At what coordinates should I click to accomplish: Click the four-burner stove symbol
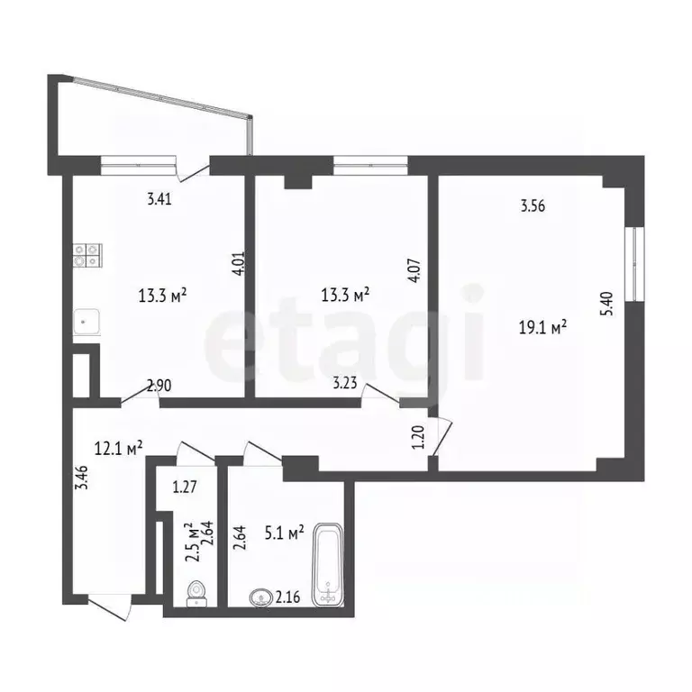[x=87, y=256]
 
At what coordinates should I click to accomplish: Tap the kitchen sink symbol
[x=86, y=322]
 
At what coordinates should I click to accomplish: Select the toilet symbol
[x=196, y=594]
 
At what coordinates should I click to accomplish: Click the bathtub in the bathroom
[x=327, y=565]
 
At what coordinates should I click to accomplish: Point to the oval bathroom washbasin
[x=261, y=598]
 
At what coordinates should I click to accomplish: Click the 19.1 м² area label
[x=542, y=328]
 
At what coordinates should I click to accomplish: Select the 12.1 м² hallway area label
[x=118, y=448]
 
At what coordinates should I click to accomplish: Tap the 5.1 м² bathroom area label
[x=284, y=533]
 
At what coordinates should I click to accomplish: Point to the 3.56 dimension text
[x=533, y=205]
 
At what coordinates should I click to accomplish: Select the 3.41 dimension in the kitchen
[x=159, y=199]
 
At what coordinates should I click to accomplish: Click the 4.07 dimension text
[x=415, y=270]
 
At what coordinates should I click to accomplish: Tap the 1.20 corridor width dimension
[x=417, y=436]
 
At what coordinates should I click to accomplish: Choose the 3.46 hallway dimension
[x=83, y=477]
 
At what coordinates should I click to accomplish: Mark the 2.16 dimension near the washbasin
[x=287, y=597]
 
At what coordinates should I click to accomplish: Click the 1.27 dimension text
[x=185, y=487]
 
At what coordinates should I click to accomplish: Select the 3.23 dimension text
[x=345, y=382]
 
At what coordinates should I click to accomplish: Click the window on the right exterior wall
[x=634, y=264]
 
